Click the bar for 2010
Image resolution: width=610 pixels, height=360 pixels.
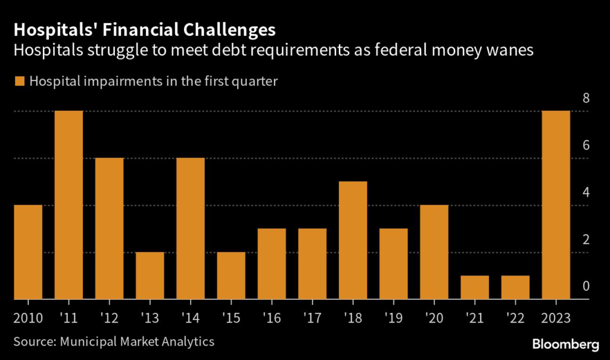[28, 252]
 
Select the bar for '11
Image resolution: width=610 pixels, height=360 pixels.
[69, 205]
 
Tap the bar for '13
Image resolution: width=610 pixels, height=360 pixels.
[150, 275]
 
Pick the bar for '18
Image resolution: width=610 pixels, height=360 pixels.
[353, 240]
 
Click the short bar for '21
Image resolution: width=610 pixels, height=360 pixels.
[475, 287]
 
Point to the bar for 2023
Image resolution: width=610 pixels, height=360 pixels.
[556, 205]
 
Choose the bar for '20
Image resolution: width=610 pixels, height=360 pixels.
[434, 252]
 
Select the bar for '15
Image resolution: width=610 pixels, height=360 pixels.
[231, 275]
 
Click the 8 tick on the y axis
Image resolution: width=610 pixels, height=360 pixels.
[586, 98]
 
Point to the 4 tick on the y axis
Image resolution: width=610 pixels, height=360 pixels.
[586, 193]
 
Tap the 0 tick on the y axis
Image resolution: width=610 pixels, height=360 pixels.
[586, 287]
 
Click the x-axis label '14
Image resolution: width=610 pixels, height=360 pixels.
[190, 317]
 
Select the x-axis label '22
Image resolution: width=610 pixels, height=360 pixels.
[515, 317]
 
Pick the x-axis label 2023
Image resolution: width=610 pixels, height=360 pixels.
[556, 317]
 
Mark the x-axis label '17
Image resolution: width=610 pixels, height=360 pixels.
[312, 317]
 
